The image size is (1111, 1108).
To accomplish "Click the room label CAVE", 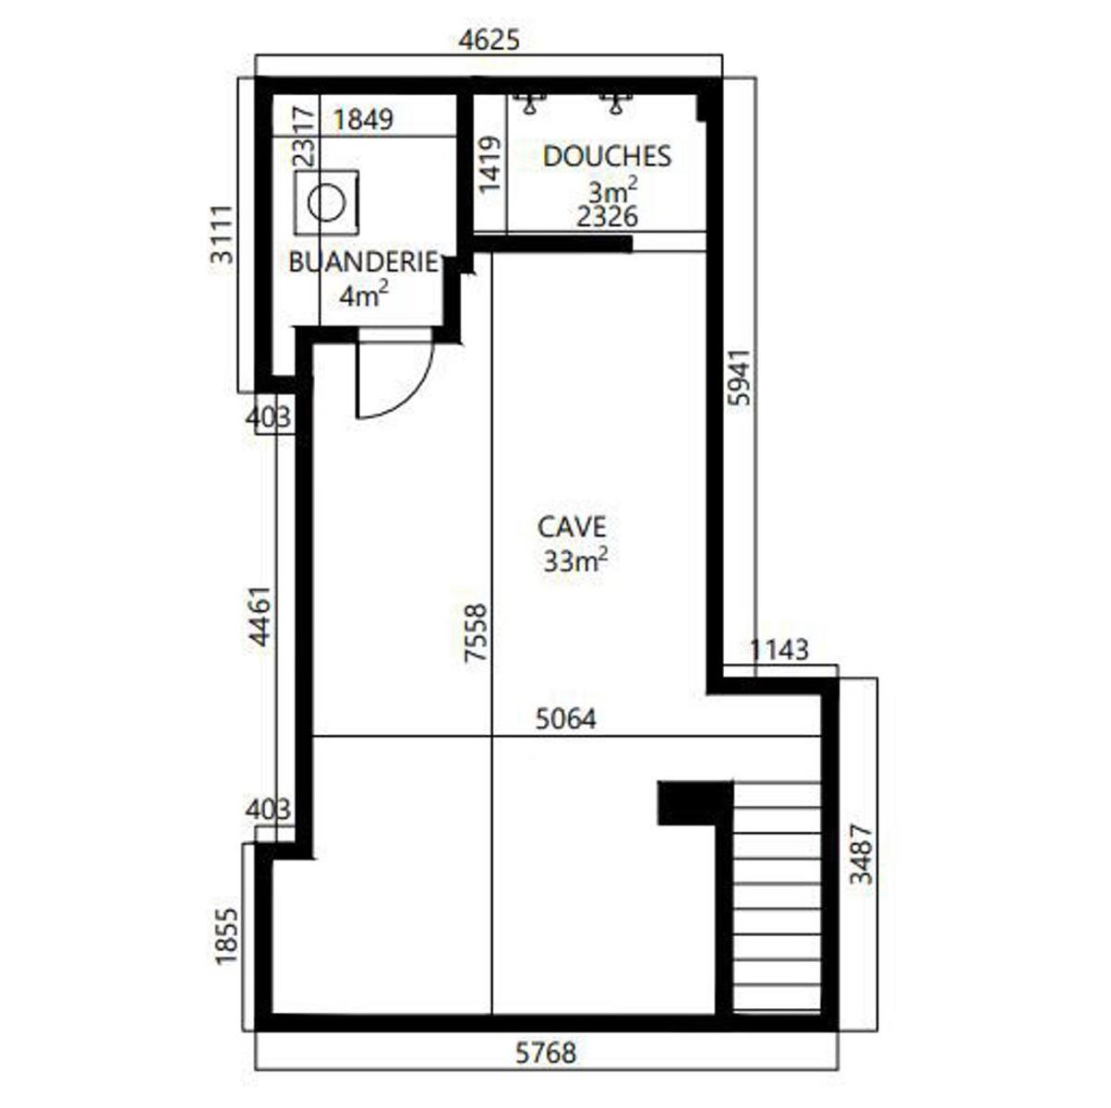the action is click(572, 527).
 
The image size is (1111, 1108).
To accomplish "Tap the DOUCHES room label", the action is click(607, 157).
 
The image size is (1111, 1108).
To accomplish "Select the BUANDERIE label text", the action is click(363, 262).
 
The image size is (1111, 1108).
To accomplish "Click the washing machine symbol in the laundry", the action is click(326, 202).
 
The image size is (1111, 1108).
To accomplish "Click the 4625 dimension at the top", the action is click(489, 41).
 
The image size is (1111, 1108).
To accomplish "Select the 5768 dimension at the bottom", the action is click(546, 1054).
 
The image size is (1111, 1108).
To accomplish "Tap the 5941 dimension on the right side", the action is click(740, 377).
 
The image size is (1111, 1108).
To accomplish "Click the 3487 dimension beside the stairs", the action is click(863, 854).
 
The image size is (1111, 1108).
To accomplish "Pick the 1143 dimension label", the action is click(779, 650).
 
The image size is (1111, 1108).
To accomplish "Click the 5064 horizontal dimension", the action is click(565, 719).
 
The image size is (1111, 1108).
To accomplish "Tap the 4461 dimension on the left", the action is click(260, 617).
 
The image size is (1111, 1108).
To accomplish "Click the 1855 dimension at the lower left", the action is click(226, 936).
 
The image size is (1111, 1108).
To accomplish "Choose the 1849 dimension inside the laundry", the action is click(363, 120).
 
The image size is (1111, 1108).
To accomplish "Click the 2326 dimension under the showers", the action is click(607, 217).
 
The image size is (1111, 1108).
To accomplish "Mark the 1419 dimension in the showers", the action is click(489, 164).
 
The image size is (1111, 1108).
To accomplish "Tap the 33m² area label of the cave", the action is click(575, 560).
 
